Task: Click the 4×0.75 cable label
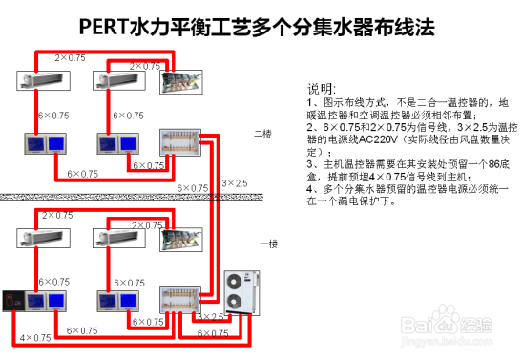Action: coord(34,339)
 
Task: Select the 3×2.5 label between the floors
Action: coord(234,182)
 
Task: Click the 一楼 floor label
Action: coord(269,244)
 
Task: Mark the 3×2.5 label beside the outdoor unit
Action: coord(210,316)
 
